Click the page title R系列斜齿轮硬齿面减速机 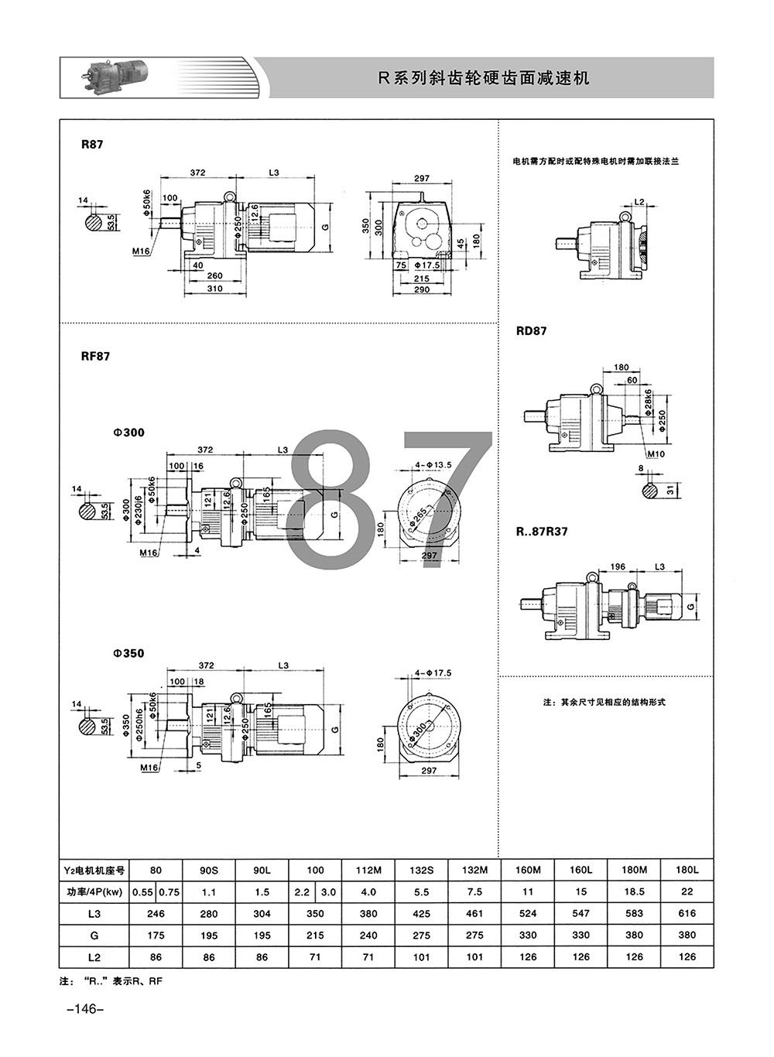[484, 78]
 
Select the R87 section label [92, 145]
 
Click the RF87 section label [95, 356]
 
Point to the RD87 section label [532, 331]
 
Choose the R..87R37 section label [542, 532]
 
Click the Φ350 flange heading [128, 654]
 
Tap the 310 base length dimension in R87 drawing [214, 289]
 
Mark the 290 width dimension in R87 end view [422, 289]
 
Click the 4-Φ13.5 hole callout [433, 465]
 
